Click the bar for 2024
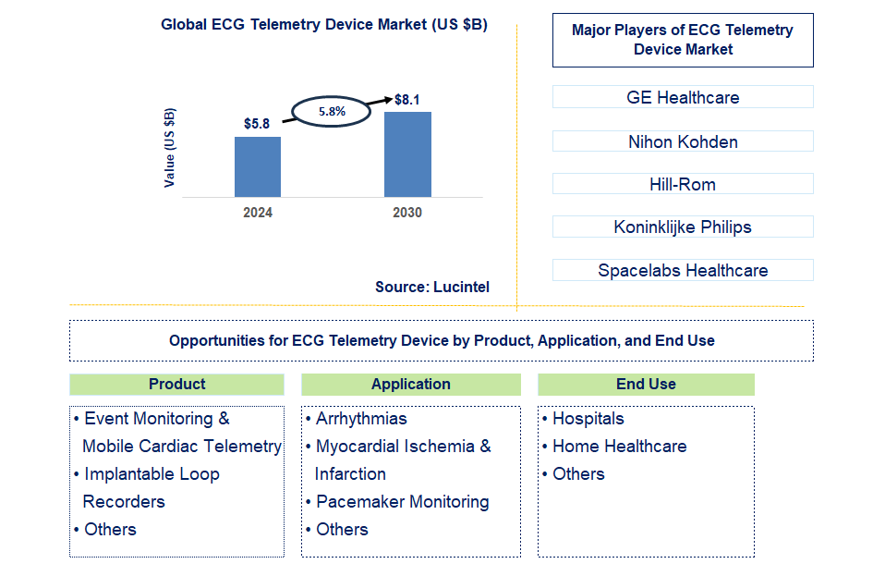[257, 166]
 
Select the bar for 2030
[407, 153]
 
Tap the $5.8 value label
[257, 123]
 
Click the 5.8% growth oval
[332, 111]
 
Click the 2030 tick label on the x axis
[407, 213]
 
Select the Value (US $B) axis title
[170, 148]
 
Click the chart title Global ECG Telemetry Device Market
[323, 25]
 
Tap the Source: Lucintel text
[431, 287]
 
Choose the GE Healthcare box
[683, 97]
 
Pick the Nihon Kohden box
[683, 141]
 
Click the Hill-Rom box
[683, 184]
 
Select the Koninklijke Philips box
[683, 227]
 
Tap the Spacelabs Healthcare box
[683, 270]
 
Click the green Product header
[176, 384]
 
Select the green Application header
[410, 384]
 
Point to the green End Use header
[646, 384]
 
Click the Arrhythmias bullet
[360, 419]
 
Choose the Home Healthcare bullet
[619, 447]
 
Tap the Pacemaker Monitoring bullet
[402, 502]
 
